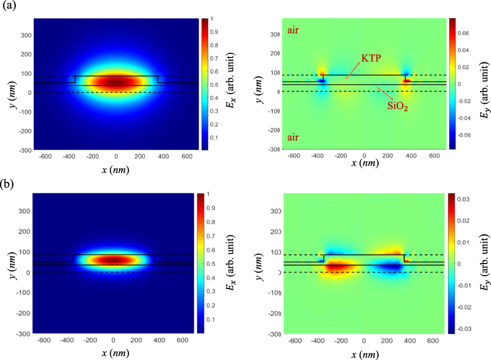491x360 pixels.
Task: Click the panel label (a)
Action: pyautogui.click(x=10, y=8)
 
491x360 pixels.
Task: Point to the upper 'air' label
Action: pyautogui.click(x=294, y=31)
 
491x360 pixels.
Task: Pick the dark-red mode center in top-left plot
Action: pyautogui.click(x=116, y=82)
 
